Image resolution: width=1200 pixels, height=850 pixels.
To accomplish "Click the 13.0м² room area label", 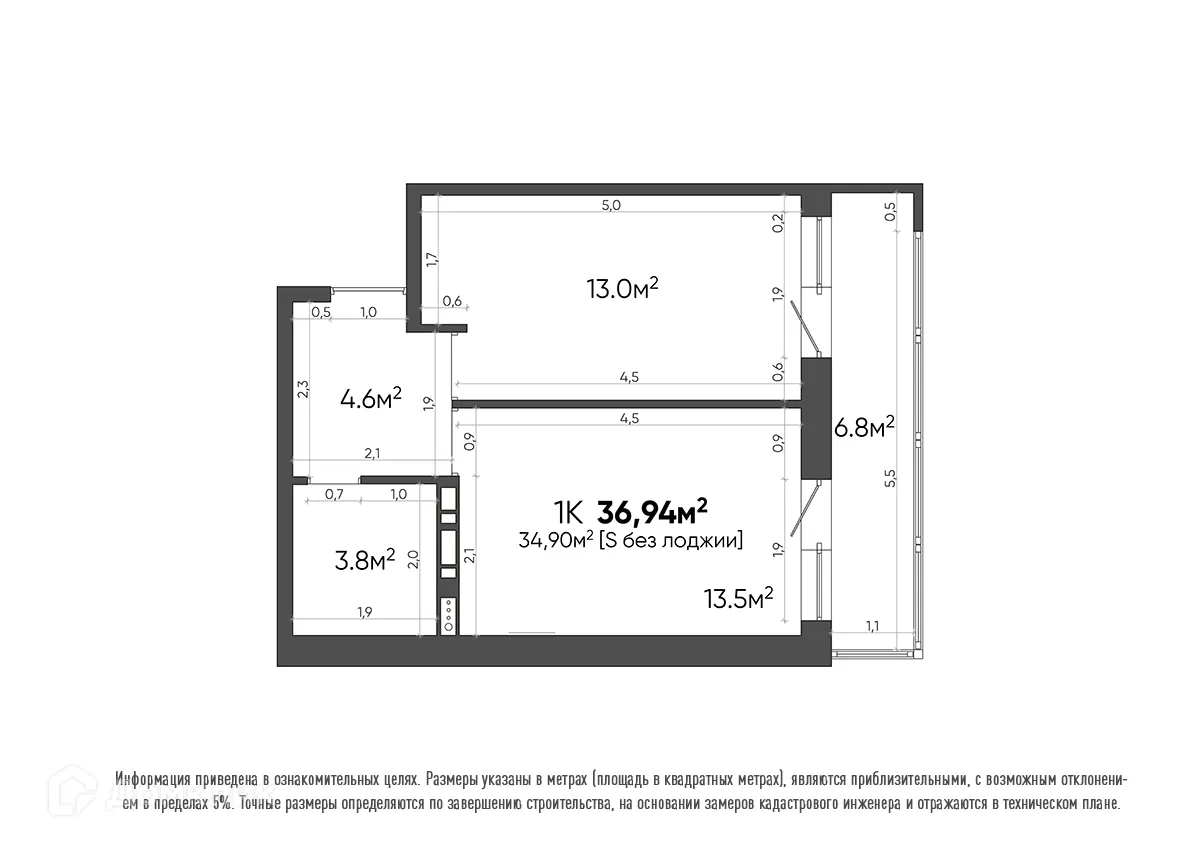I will point(621,289).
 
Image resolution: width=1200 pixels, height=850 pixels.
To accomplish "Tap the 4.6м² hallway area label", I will point(370,399).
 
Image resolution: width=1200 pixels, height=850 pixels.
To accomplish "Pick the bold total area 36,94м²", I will point(652,512).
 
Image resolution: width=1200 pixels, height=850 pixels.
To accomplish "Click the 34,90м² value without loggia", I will point(554,541).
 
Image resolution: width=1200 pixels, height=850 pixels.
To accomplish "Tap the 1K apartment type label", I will point(568,513).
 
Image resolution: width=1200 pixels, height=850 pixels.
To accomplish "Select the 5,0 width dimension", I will point(611,205).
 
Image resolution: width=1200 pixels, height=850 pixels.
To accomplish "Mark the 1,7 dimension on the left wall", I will point(431,259).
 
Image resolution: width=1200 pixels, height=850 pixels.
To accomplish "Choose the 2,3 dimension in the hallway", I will point(302,388).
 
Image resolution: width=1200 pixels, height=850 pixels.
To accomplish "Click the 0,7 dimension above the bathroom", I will point(334,494).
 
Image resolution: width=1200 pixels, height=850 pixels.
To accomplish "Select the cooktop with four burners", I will point(448,612).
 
